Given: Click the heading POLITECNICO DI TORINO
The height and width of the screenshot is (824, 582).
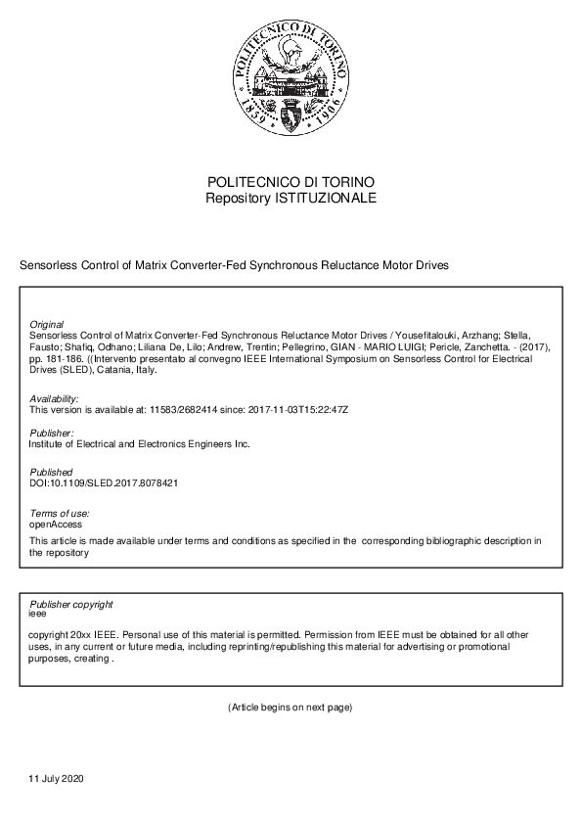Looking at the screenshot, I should tap(291, 183).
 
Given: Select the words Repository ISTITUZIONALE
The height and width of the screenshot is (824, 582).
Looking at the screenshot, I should tap(291, 198).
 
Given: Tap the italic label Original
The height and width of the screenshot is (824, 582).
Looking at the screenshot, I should tap(47, 324).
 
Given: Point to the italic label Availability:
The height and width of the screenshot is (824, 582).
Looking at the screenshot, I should tap(54, 398).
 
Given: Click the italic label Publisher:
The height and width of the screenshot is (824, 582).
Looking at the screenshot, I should tap(52, 433).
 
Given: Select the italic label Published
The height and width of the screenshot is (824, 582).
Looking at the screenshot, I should tap(51, 472).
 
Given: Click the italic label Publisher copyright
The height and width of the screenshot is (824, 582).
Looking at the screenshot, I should tap(71, 605).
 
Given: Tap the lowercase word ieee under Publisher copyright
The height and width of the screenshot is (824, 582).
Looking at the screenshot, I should tap(39, 615).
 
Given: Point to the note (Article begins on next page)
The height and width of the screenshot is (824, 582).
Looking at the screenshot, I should tap(291, 707).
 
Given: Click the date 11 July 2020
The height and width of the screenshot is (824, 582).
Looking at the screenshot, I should tap(58, 779).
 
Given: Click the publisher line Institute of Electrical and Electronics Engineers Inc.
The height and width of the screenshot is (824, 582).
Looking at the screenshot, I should tap(140, 443).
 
